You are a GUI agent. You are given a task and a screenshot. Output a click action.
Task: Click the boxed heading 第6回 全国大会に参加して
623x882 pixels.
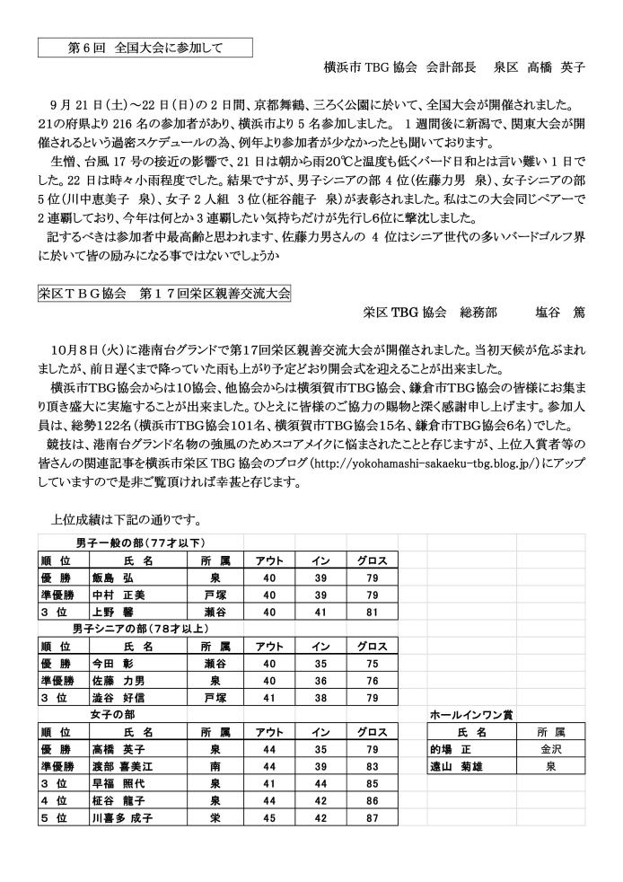[x=145, y=47]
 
